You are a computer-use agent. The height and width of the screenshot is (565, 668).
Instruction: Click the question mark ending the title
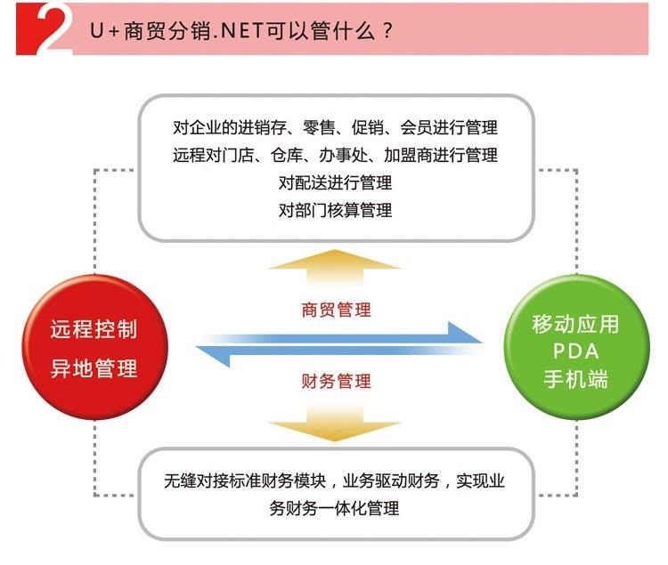pyautogui.click(x=387, y=31)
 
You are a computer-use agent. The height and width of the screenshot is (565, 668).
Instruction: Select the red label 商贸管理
pyautogui.click(x=336, y=310)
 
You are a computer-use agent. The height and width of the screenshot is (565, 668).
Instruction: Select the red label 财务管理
pyautogui.click(x=336, y=381)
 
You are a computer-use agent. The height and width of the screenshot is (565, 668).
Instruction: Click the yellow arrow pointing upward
pyautogui.click(x=335, y=267)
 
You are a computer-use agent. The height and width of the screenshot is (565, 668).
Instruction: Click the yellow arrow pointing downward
pyautogui.click(x=335, y=424)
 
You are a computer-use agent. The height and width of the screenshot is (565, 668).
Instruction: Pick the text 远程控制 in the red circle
pyautogui.click(x=94, y=329)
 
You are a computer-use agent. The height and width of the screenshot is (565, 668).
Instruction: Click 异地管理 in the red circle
pyautogui.click(x=94, y=368)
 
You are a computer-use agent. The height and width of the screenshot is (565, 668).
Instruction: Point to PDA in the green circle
pyautogui.click(x=576, y=351)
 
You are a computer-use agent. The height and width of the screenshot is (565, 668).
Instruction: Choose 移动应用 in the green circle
pyautogui.click(x=575, y=324)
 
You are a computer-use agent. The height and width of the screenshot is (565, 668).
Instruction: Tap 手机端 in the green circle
pyautogui.click(x=575, y=379)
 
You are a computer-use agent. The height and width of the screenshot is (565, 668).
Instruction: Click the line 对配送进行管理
pyautogui.click(x=335, y=182)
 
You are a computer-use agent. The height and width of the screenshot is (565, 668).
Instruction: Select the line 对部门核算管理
pyautogui.click(x=335, y=210)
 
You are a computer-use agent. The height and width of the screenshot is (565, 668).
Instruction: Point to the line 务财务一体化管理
pyautogui.click(x=334, y=508)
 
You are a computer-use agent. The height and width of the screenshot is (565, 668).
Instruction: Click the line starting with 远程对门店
pyautogui.click(x=335, y=155)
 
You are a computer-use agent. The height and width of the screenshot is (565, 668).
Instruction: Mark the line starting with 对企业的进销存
pyautogui.click(x=335, y=127)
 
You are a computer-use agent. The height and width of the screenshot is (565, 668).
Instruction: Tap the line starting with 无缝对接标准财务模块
pyautogui.click(x=334, y=480)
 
